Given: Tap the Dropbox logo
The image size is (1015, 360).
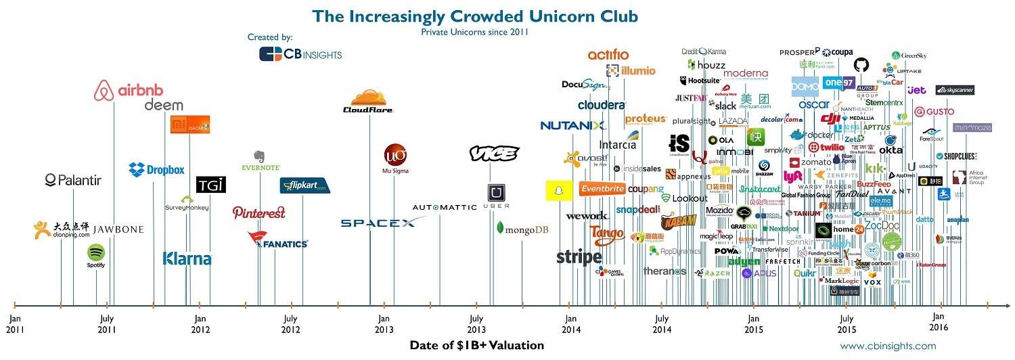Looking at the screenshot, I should click(156, 169).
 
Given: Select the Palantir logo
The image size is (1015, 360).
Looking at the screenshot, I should click(73, 179).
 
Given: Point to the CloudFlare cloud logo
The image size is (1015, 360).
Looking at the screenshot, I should click(368, 102).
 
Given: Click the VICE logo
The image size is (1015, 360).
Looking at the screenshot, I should click(494, 154).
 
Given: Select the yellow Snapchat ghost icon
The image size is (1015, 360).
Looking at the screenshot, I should click(558, 191).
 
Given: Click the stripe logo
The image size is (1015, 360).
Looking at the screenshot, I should click(579, 257).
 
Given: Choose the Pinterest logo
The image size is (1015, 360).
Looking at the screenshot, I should click(258, 212).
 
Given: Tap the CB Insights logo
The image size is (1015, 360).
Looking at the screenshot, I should click(300, 54).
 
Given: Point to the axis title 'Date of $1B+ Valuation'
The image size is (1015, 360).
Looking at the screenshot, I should click(476, 345).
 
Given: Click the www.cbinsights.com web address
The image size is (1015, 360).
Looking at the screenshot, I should click(888, 346).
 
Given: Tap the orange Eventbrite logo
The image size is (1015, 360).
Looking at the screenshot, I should click(602, 189).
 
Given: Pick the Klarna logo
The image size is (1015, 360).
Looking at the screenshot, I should click(187, 258).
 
